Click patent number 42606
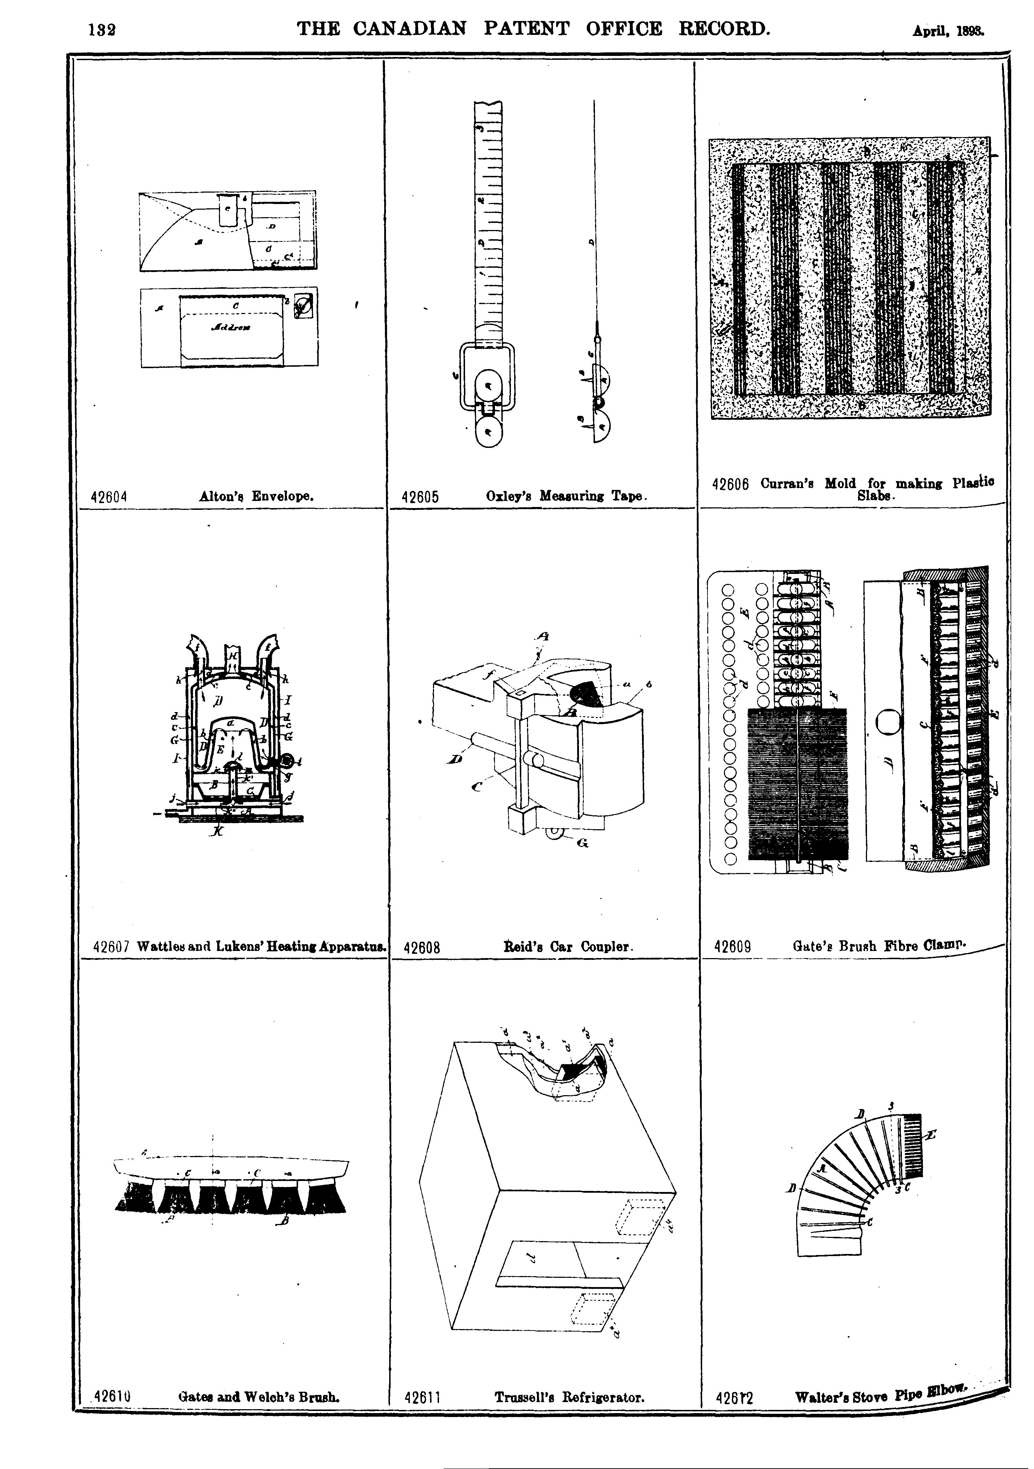[x=730, y=484]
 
